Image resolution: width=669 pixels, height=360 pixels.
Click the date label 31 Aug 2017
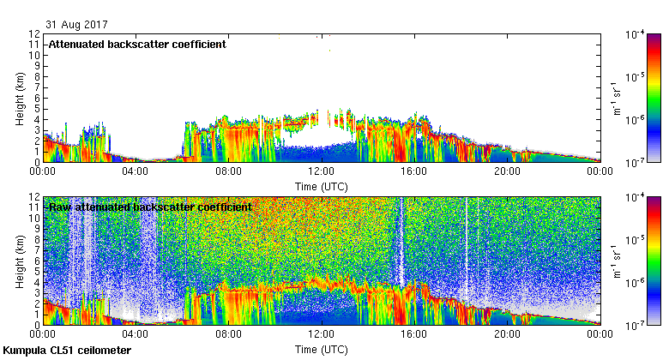coord(73,24)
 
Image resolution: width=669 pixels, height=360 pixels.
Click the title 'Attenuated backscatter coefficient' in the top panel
coord(137,45)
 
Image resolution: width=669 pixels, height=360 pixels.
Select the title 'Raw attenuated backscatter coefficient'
coord(150,207)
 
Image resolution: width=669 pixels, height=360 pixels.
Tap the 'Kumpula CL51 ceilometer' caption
coord(67,351)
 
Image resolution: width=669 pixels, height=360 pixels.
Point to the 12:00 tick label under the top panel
coord(322,170)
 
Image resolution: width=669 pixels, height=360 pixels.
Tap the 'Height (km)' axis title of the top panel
coord(19,99)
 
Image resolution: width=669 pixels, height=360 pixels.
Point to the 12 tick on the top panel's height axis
coord(34,34)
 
